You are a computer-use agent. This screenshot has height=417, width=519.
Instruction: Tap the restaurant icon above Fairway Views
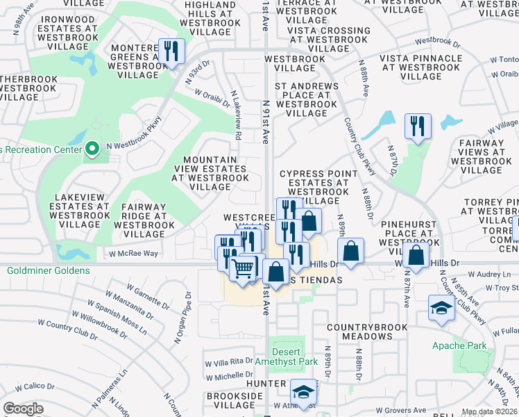pyautogui.click(x=417, y=126)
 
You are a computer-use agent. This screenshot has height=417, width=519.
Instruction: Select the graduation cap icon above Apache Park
pyautogui.click(x=441, y=307)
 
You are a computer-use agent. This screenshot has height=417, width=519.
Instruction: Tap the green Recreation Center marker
pyautogui.click(x=92, y=148)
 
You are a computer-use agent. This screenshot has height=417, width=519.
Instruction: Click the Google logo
pyautogui.click(x=23, y=408)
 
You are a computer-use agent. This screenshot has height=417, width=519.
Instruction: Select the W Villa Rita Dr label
pyautogui.click(x=230, y=361)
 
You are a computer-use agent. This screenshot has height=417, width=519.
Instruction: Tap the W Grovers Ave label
pyautogui.click(x=401, y=410)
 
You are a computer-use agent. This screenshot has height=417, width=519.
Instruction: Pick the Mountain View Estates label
pyautogui.click(x=210, y=173)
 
